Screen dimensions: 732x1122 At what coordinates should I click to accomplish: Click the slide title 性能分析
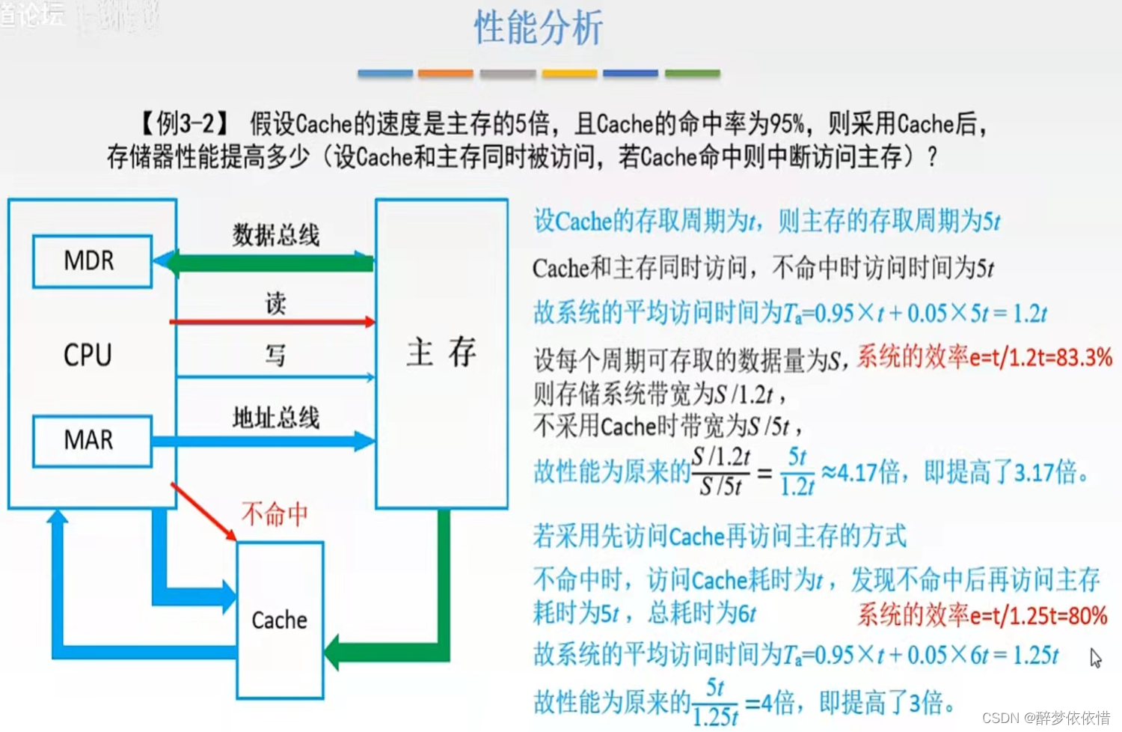pos(538,28)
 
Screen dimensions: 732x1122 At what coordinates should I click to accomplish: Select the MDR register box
pos(92,261)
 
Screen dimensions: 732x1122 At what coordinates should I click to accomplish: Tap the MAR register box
pos(92,440)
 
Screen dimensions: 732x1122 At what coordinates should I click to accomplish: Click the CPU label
pos(88,355)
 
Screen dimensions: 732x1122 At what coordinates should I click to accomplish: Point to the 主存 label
pos(441,352)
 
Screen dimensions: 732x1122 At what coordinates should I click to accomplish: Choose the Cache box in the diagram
pos(280,620)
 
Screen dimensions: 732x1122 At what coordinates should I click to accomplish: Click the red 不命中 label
pos(275,514)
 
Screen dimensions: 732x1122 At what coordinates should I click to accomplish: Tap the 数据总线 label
pos(275,235)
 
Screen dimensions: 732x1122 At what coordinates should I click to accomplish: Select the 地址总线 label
pos(275,417)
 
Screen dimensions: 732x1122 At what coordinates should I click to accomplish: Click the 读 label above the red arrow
pos(275,303)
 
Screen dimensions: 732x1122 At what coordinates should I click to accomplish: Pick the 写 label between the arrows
pos(275,354)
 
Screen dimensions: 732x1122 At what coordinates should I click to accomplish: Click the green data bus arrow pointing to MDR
pos(269,263)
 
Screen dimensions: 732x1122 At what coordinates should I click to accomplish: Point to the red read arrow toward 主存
pos(273,322)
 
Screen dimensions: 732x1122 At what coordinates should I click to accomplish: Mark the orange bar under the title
pos(445,73)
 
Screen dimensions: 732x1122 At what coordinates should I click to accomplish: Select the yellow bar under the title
pos(569,73)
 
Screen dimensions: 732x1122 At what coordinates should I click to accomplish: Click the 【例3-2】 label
pos(185,123)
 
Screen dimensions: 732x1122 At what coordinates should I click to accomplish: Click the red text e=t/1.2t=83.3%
pos(1040,358)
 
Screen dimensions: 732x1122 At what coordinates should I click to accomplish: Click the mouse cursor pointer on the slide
pos(1096,658)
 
